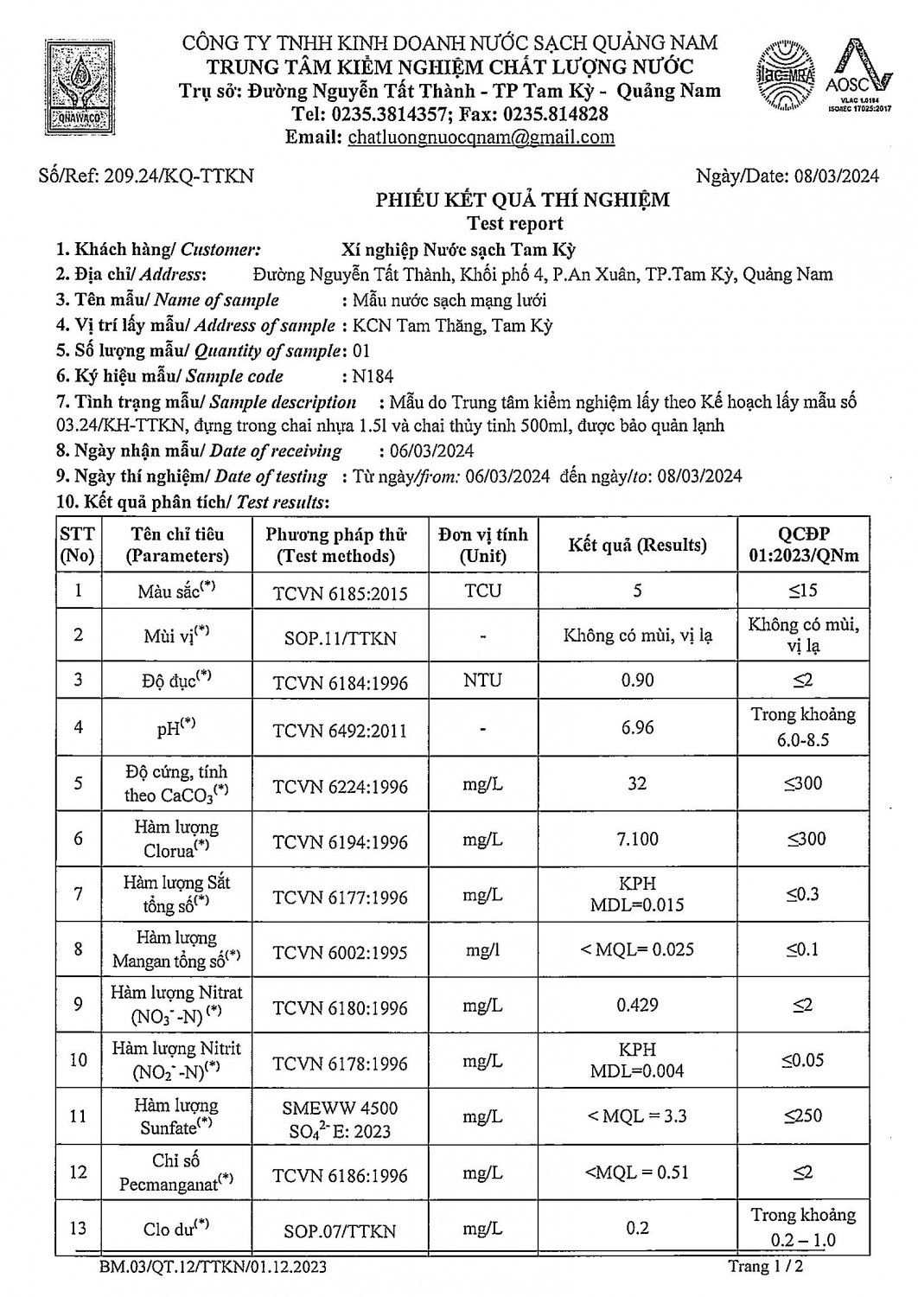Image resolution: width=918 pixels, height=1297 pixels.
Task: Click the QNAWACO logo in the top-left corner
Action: (x=82, y=88)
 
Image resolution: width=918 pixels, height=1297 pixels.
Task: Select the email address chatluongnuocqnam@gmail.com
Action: (x=481, y=137)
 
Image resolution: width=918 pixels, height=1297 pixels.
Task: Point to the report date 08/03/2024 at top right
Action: (x=836, y=176)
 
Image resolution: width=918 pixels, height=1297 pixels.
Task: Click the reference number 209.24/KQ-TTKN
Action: (x=179, y=176)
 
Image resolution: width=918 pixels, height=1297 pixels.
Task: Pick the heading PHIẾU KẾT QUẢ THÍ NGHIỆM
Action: (x=522, y=201)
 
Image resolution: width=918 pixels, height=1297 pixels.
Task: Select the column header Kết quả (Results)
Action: (x=637, y=545)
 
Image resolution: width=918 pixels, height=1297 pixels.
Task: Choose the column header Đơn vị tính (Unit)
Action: (x=482, y=545)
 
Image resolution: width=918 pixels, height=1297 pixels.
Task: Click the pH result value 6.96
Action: (x=637, y=727)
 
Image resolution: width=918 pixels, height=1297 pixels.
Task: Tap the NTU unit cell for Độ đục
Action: (x=482, y=680)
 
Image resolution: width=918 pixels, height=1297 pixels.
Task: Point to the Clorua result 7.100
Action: (x=637, y=839)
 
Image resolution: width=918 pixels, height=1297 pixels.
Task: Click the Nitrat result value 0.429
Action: (x=637, y=1005)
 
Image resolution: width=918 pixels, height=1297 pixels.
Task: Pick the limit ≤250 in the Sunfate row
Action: (x=803, y=1115)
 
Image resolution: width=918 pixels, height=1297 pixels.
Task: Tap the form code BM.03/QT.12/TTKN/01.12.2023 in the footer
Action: (x=213, y=1268)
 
